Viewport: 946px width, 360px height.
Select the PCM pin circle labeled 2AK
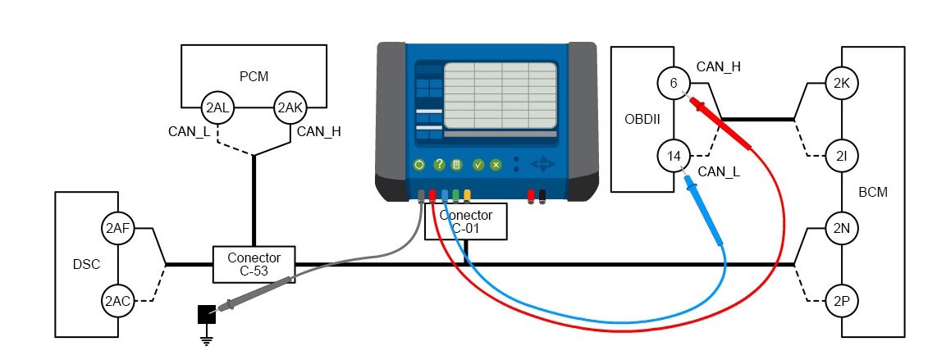click(x=290, y=107)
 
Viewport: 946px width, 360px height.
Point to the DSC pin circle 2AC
click(x=118, y=301)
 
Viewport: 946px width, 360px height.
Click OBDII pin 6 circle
click(x=674, y=83)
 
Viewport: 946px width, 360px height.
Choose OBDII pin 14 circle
click(x=674, y=155)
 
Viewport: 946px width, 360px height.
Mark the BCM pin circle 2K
click(x=841, y=83)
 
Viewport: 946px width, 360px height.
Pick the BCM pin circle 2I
click(x=841, y=155)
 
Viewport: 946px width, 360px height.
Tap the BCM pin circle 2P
click(x=841, y=301)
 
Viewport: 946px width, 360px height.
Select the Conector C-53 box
click(x=254, y=263)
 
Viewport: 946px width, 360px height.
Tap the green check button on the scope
click(x=478, y=165)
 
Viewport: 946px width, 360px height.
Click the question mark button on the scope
click(x=439, y=165)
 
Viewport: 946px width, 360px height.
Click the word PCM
click(x=249, y=77)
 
